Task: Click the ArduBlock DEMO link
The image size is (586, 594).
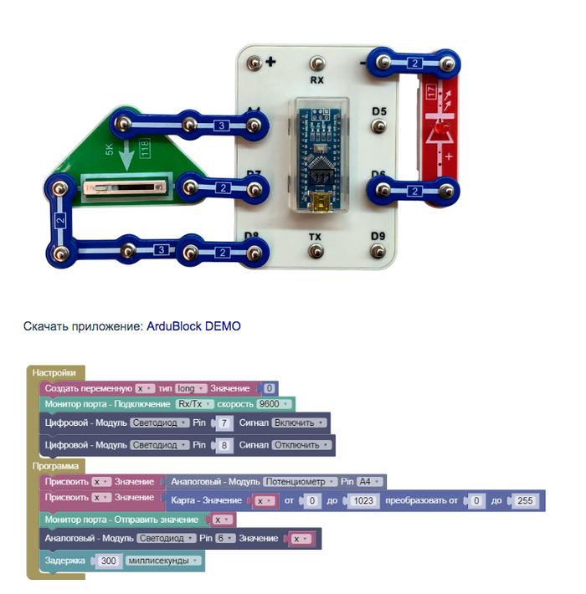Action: (x=193, y=325)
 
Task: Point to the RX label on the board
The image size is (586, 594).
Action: (x=316, y=81)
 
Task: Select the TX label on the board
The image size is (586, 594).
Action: (x=315, y=237)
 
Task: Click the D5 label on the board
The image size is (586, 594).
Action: (x=379, y=110)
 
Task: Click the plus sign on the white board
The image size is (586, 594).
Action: (x=271, y=61)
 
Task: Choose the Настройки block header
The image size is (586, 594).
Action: (x=54, y=372)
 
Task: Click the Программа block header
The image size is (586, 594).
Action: (x=56, y=465)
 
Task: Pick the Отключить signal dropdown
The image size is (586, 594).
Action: (x=300, y=445)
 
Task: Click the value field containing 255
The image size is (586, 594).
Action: (x=525, y=500)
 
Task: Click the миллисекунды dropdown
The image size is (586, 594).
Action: (x=162, y=561)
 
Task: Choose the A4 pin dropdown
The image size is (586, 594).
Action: (x=369, y=482)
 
